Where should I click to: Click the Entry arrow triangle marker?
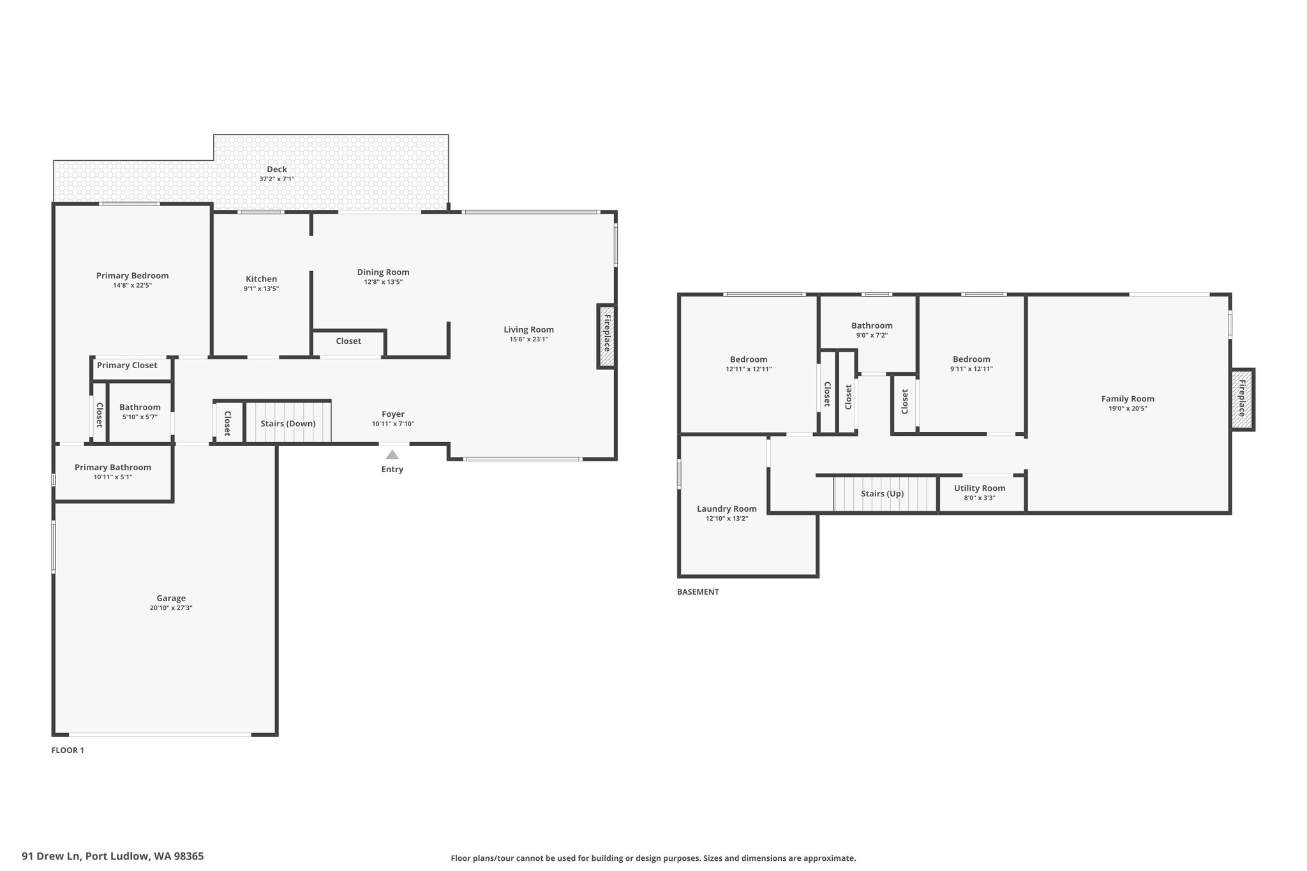point(392,454)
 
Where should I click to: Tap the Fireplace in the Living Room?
point(607,336)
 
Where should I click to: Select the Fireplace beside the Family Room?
point(1242,399)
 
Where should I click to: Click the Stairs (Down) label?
point(288,424)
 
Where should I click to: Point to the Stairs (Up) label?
point(882,494)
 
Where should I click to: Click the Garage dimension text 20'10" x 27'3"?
point(171,608)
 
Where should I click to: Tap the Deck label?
point(277,169)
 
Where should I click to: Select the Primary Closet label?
point(127,366)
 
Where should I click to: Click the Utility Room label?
point(980,488)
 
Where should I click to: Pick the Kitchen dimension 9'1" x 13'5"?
point(261,288)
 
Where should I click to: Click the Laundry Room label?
point(727,509)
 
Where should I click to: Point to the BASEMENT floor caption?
point(698,592)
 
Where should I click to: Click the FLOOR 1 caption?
point(68,750)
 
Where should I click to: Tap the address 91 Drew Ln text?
point(52,856)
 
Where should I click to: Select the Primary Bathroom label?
point(113,468)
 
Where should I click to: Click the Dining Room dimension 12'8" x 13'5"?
point(383,281)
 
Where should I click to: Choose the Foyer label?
point(393,414)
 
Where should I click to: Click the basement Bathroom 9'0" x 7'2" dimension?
point(872,335)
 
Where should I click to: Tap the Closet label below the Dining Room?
point(348,341)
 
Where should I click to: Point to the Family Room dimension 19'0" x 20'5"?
point(1128,408)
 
